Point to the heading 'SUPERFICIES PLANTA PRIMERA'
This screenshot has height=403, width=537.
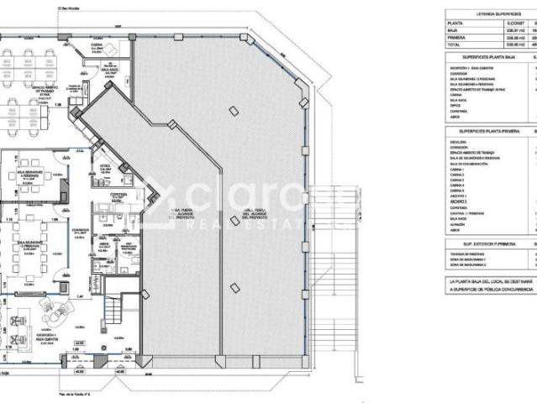[x=488, y=132]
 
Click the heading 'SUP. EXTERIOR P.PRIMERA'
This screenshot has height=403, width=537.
[x=485, y=243]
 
